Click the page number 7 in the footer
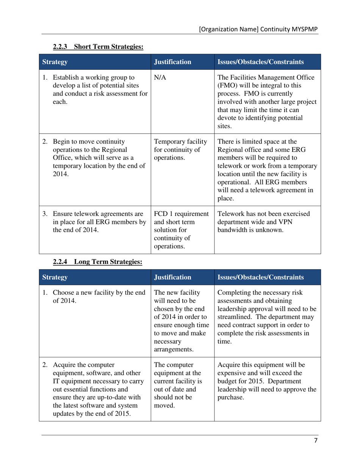point(316,441)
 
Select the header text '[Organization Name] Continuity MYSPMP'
point(259,29)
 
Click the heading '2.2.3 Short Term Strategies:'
point(98,47)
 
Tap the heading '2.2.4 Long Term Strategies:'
point(97,261)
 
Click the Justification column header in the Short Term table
point(173,62)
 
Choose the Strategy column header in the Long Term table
point(55,277)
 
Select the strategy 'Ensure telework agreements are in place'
point(99,221)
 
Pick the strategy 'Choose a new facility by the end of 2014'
point(99,297)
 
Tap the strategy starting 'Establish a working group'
point(100,89)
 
